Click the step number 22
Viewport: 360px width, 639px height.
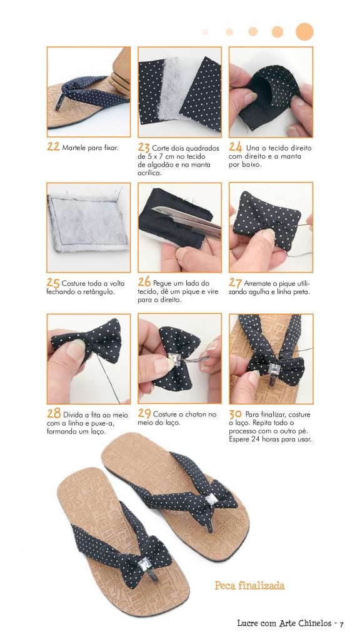53,147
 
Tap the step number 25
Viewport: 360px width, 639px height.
53,283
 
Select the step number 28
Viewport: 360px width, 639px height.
54,413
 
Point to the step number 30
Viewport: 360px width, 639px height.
235,414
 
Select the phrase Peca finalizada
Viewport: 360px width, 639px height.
249,586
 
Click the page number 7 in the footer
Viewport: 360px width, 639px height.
342,624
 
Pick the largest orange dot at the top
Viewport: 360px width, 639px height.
304,32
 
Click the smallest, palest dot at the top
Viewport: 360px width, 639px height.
205,32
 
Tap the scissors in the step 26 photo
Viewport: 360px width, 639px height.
187,223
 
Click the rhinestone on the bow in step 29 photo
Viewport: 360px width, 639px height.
175,360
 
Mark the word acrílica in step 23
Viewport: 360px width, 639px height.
149,173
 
